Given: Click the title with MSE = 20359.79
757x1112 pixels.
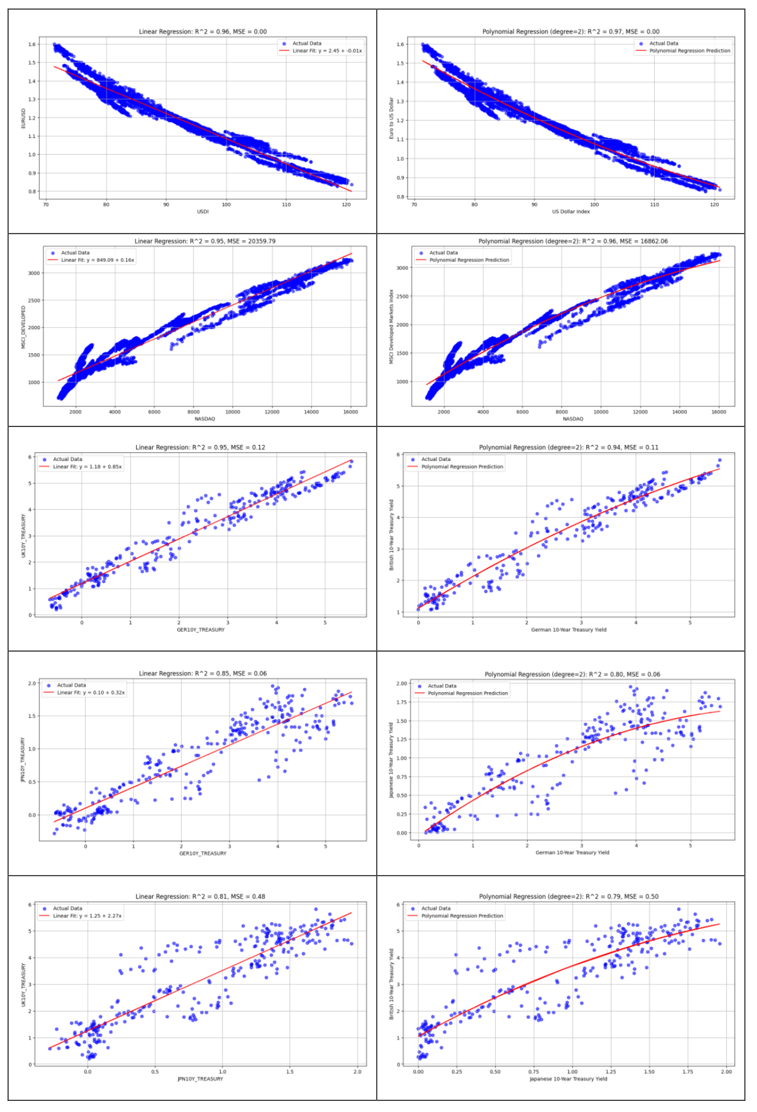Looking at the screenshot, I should (x=205, y=241).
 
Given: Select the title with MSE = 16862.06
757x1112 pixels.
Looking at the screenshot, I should (x=573, y=241).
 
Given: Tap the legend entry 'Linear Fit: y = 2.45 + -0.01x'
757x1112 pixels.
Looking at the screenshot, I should (x=327, y=51).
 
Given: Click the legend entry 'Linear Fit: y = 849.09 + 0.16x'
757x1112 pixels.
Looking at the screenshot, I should (x=97, y=260).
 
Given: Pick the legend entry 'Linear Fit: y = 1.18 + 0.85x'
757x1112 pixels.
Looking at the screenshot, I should (x=87, y=467).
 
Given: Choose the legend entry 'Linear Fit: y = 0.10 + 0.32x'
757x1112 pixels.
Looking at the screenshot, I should (x=91, y=692).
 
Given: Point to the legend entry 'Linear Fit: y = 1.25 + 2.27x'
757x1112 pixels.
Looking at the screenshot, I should (x=87, y=916).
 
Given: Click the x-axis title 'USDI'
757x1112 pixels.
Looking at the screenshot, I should (x=203, y=211).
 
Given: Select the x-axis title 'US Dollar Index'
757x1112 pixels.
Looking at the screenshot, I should (x=571, y=211).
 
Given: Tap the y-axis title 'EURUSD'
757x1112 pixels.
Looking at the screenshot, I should (x=24, y=118).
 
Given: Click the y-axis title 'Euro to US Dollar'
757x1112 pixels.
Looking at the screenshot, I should (x=391, y=118).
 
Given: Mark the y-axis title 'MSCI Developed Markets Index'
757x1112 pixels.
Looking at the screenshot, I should (x=391, y=327).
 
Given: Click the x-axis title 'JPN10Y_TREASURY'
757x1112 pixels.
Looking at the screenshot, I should (x=200, y=1079).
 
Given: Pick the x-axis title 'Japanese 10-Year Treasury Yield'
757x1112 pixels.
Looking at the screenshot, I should (x=568, y=1079).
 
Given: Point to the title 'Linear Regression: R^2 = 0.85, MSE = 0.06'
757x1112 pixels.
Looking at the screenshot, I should (x=203, y=673).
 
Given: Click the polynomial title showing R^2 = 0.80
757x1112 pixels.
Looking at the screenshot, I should (x=572, y=674).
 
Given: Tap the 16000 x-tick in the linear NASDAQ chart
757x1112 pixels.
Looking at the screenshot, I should (x=350, y=412).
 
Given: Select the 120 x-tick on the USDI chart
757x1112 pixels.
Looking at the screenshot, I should (x=346, y=205).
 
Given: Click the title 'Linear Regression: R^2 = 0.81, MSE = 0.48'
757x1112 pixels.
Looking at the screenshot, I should (x=200, y=896).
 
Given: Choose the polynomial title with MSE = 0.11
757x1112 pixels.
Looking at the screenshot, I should (x=568, y=448).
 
